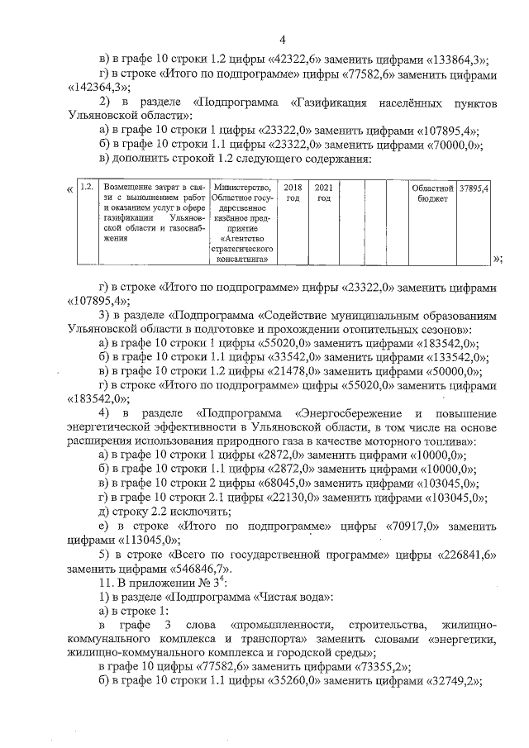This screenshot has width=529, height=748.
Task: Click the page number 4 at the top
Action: [x=282, y=40]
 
